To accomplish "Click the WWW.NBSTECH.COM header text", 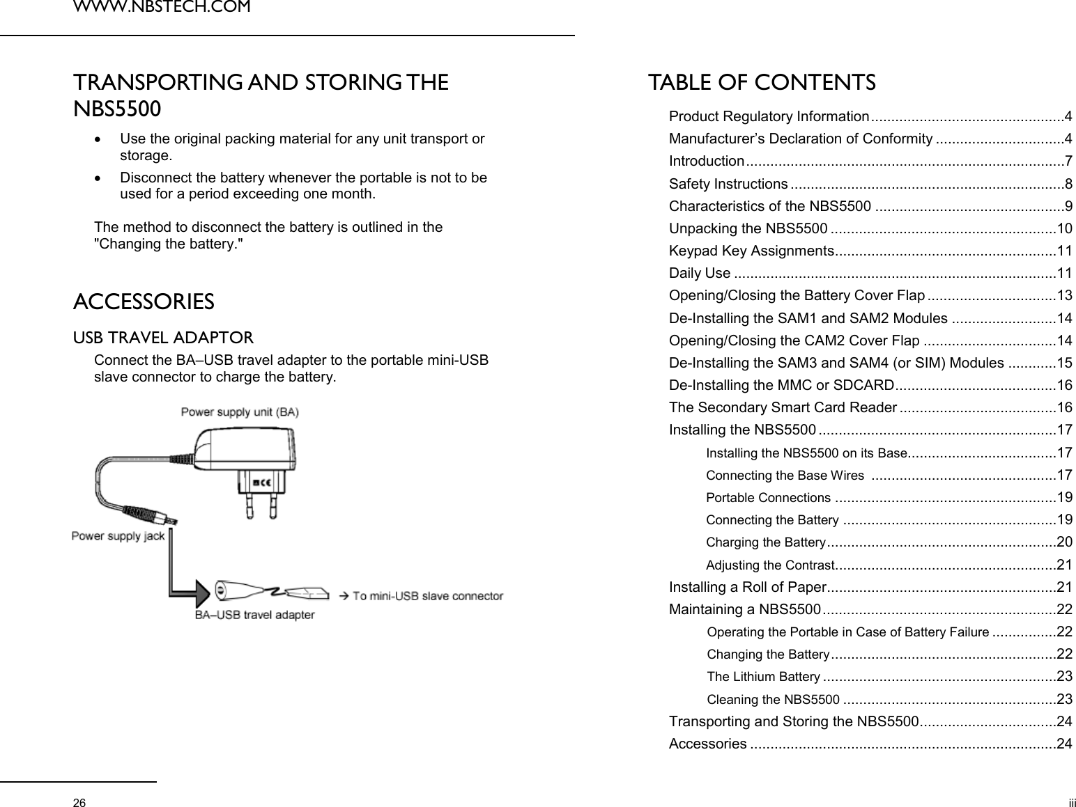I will tap(162, 8).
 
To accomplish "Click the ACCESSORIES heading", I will tap(144, 302).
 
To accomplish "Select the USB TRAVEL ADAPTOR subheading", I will tap(164, 338).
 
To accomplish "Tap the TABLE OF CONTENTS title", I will tap(762, 83).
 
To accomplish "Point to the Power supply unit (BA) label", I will tap(240, 412).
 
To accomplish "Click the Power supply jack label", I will tap(118, 535).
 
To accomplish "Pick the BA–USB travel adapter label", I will tap(254, 615).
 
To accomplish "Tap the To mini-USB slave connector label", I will tap(427, 596).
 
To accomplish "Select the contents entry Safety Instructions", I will tap(728, 184).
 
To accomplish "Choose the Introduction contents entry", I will tap(706, 162).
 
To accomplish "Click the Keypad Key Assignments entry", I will tap(751, 251).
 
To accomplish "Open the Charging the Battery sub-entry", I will tap(766, 542).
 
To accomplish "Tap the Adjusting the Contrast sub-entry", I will tap(770, 565).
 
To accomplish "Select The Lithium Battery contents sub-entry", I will tap(763, 677).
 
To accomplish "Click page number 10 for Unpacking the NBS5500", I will tap(1065, 228).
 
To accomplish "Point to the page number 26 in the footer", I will tap(81, 803).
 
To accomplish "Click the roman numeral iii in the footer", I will tap(1072, 803).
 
